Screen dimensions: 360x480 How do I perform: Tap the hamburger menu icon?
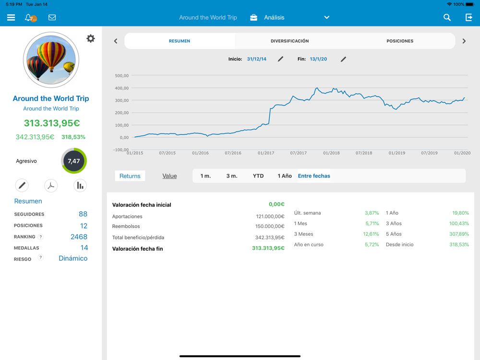tap(11, 17)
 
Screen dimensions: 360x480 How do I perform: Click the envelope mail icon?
tap(52, 17)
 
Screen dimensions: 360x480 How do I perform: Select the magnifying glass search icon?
tap(447, 17)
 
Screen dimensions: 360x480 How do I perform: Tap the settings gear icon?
tap(91, 38)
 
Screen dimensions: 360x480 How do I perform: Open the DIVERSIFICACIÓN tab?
tap(289, 41)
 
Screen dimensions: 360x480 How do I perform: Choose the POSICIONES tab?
tap(400, 41)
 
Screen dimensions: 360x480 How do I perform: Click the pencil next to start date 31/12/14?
tap(281, 59)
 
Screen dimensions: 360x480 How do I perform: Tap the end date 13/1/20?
tap(318, 59)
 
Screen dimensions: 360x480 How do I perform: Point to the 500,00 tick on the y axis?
tap(122, 76)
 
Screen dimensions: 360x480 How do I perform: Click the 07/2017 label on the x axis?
tap(299, 153)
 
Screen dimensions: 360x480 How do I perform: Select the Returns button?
tap(130, 176)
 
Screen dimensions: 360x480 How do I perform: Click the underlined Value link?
tap(169, 176)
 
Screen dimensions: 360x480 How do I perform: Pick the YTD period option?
tap(258, 176)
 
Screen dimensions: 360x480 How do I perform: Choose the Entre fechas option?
tap(314, 176)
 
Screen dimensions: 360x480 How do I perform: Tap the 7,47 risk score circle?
tap(74, 161)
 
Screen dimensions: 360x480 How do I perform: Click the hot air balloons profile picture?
tap(51, 60)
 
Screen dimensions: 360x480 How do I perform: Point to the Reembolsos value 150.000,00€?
tap(270, 226)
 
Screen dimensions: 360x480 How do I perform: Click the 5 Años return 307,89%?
tap(459, 234)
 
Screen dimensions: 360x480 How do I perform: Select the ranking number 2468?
tap(79, 237)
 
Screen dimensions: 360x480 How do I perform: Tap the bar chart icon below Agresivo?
tap(80, 186)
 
